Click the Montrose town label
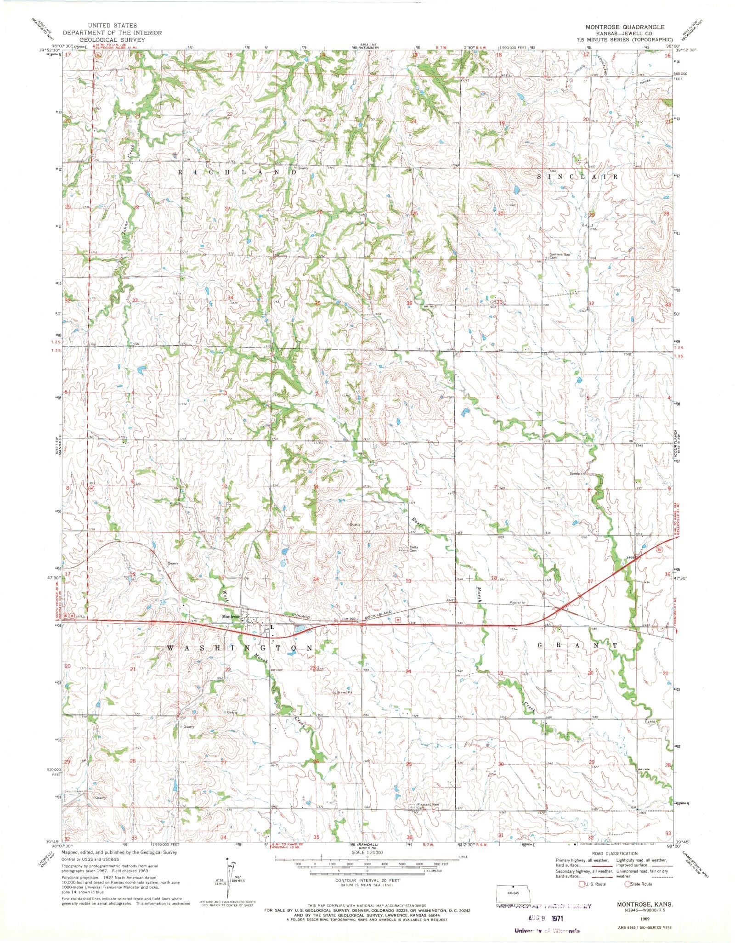click(231, 616)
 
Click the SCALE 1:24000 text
click(367, 853)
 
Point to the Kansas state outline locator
click(513, 894)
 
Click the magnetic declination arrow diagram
click(229, 876)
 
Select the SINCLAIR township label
click(578, 176)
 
